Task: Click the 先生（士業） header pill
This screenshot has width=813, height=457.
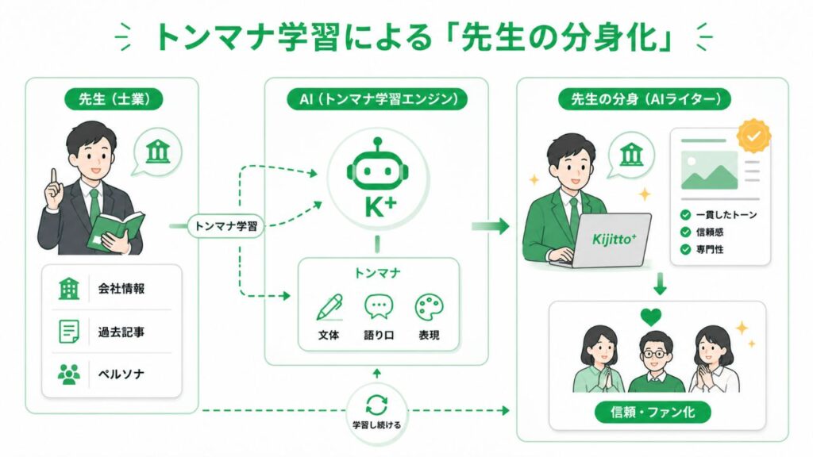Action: (x=114, y=99)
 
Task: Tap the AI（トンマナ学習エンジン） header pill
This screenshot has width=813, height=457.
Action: (x=377, y=99)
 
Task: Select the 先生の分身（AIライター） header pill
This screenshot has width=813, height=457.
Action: (x=645, y=99)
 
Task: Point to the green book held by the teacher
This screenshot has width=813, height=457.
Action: (x=116, y=232)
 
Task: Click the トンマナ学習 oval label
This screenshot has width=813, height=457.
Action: (x=225, y=226)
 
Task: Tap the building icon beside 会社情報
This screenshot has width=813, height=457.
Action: (x=69, y=288)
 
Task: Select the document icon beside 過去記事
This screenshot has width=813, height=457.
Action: (x=69, y=331)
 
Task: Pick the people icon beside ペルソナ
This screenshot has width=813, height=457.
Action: (x=69, y=374)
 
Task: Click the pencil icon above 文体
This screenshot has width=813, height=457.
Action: (x=329, y=307)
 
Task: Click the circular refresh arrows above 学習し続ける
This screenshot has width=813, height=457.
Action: (x=377, y=404)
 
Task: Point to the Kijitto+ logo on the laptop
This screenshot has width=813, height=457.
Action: (x=614, y=239)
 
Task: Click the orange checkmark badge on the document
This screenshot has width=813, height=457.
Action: (x=754, y=136)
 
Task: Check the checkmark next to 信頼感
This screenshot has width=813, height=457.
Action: (x=685, y=232)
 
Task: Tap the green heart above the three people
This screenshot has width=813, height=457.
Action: (x=651, y=317)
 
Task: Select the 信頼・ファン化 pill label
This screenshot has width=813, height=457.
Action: (x=653, y=413)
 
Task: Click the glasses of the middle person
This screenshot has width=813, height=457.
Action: (x=655, y=355)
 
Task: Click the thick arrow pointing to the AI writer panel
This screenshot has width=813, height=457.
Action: (x=490, y=226)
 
